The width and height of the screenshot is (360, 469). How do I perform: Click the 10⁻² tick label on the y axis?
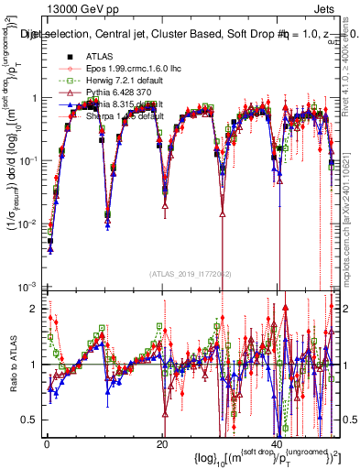(x=27, y=224)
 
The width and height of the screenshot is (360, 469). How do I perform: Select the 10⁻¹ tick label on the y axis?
(x=27, y=160)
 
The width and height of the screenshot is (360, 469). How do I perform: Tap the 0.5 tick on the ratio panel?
(x=28, y=420)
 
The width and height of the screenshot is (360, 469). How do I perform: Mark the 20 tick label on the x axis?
(x=161, y=443)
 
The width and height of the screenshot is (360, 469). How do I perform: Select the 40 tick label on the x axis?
(x=277, y=443)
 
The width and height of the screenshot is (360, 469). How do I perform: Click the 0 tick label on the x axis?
(x=46, y=443)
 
